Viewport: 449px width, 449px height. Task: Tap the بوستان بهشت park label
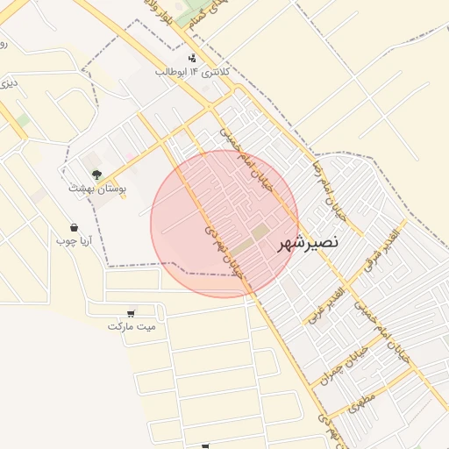click(x=97, y=188)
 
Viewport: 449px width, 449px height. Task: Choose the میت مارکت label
click(x=132, y=326)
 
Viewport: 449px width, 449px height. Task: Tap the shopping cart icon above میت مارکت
click(x=132, y=313)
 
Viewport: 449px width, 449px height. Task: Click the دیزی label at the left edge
click(x=8, y=84)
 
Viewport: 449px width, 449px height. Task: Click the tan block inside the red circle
click(x=260, y=232)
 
